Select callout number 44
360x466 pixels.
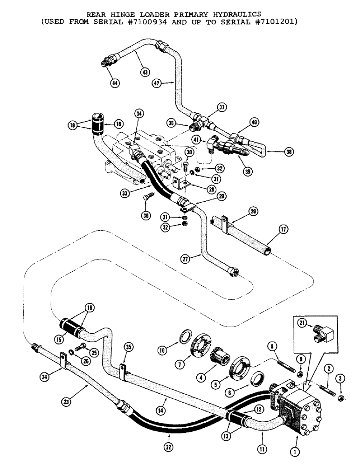(114, 83)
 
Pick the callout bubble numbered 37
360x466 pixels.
(222, 108)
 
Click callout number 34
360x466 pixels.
(138, 113)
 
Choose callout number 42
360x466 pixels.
(156, 83)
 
